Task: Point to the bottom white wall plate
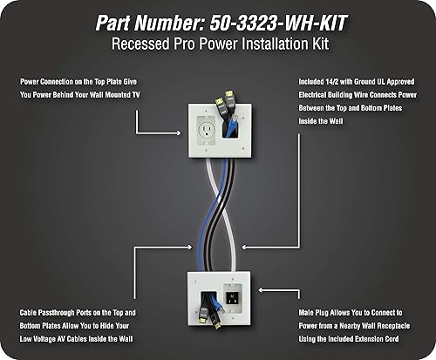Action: [x=218, y=296]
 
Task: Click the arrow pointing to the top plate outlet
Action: [x=161, y=132]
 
